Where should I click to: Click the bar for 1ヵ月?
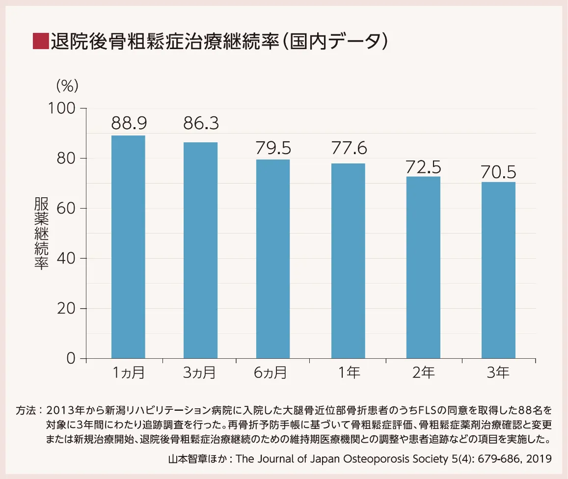click(x=128, y=247)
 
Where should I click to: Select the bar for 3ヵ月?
click(x=200, y=250)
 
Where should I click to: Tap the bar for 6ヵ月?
click(x=273, y=259)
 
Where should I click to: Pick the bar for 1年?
click(x=348, y=261)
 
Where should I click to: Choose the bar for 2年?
click(x=423, y=267)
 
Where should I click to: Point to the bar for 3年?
click(x=498, y=270)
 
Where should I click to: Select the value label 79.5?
click(x=273, y=147)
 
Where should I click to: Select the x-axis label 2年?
click(x=423, y=373)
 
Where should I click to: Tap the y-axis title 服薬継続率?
click(x=41, y=233)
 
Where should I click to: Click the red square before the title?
click(x=40, y=41)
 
